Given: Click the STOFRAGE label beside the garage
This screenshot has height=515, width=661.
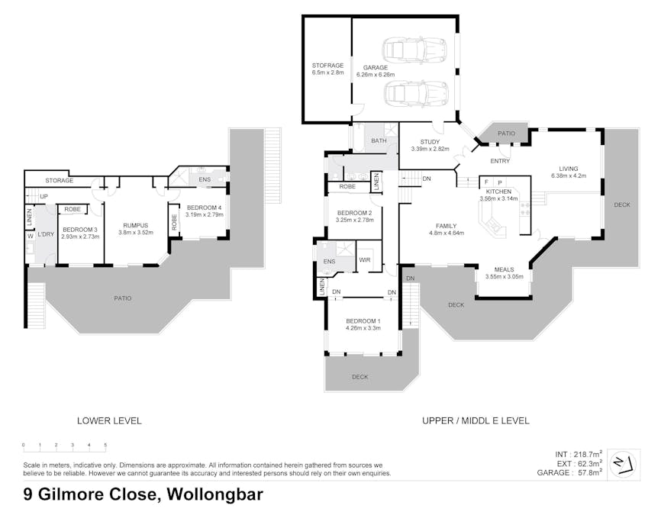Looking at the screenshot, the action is click(327, 66).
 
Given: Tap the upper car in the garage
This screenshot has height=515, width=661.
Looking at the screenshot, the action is click(414, 50).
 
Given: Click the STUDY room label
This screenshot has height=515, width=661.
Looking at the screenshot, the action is click(430, 142).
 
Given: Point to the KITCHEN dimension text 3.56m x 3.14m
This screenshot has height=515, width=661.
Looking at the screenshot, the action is click(498, 198).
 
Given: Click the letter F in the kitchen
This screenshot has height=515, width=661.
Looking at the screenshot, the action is click(486, 182).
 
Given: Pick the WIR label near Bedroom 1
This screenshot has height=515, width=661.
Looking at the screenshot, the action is click(365, 260).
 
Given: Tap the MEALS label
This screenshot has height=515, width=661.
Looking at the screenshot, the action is click(505, 269).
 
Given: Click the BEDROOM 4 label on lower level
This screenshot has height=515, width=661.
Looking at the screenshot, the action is click(204, 208).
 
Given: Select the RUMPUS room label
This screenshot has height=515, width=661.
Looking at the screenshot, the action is click(136, 226).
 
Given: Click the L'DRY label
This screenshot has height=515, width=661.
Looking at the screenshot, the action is click(46, 234).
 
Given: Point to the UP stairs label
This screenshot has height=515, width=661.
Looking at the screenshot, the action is click(44, 196).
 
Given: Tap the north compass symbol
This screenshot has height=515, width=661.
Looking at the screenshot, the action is click(624, 464).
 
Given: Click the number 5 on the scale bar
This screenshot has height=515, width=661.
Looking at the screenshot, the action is click(105, 445).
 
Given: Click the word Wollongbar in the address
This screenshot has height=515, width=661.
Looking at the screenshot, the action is click(215, 494).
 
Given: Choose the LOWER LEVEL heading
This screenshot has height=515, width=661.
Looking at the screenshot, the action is click(109, 420).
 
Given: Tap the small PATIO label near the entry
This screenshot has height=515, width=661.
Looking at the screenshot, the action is click(506, 134).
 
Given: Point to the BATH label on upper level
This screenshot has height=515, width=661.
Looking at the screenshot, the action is click(379, 140).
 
